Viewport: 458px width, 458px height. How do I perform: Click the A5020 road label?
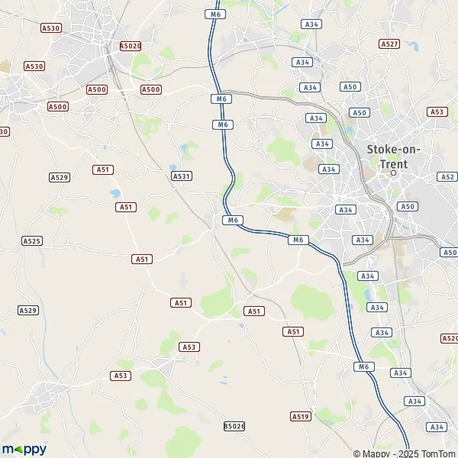point(131,46)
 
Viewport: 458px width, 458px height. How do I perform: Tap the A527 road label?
point(389,44)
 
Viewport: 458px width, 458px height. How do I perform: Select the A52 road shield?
point(447,176)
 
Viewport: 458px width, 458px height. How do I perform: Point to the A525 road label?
point(31,241)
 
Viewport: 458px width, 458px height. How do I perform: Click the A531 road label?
point(181,176)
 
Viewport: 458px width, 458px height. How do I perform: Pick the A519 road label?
point(300,416)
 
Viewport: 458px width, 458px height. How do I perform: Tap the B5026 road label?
point(234,425)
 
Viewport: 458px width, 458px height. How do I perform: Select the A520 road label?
point(450,337)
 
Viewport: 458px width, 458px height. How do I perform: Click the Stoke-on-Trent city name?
point(388,156)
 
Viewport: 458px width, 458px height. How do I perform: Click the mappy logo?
point(24,449)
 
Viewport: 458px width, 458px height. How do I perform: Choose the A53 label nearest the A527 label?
point(437,111)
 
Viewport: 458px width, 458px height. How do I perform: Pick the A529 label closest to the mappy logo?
point(28,310)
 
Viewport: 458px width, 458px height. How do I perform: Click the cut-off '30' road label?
point(4,131)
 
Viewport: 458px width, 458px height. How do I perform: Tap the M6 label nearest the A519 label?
point(363,367)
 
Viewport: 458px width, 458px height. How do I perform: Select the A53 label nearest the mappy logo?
point(120,376)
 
